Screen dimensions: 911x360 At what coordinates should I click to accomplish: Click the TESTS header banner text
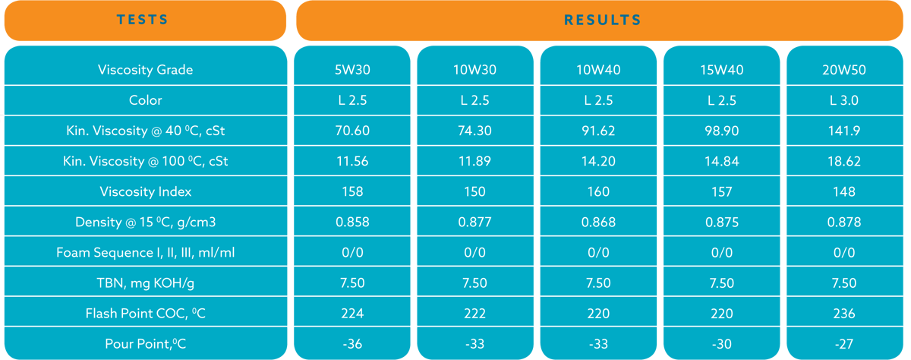coord(143,20)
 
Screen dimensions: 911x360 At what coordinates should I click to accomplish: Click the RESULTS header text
coord(603,20)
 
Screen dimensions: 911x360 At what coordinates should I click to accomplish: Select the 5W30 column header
coord(352,70)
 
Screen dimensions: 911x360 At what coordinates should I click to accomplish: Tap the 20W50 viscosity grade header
coord(844,70)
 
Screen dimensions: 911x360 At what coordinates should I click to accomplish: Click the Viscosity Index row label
coord(146,191)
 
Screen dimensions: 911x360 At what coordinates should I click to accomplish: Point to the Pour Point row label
coord(146,344)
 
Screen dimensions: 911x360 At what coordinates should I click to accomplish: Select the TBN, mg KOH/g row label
coord(146,283)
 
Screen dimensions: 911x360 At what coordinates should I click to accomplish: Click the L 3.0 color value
coord(844,100)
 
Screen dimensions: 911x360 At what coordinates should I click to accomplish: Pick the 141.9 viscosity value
coord(844,131)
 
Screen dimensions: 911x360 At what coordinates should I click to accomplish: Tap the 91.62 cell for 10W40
coord(598,131)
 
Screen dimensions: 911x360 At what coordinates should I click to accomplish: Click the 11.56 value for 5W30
coord(352,161)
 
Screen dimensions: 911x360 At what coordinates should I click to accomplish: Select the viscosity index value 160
coord(598,191)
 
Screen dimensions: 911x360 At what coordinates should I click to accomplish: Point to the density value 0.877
coord(474,222)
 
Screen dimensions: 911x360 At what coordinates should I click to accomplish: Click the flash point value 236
coord(844,313)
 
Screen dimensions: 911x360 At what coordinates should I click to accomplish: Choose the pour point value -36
coord(352,344)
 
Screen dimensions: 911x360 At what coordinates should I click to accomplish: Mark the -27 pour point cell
coord(844,344)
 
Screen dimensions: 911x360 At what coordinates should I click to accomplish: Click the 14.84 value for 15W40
coord(721,161)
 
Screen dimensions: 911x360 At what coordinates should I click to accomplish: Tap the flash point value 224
coord(352,313)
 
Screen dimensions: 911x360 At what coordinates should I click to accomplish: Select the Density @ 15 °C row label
coord(146,222)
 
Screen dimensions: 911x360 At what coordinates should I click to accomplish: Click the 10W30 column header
coord(474,70)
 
